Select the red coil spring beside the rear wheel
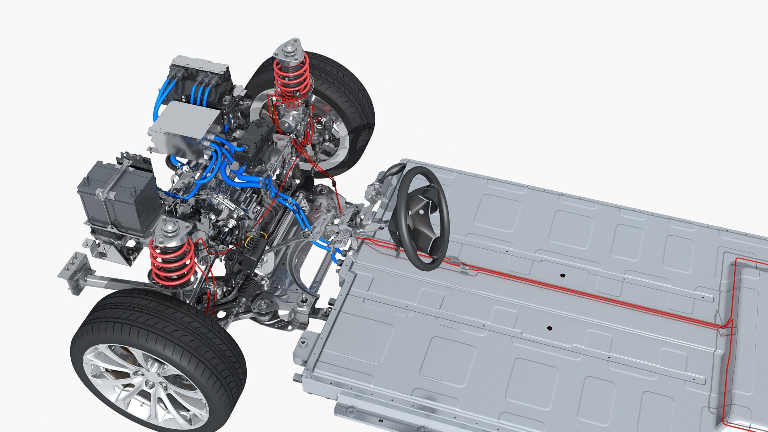click(291, 76)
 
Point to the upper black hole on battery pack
click(562, 276)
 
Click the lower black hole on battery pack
click(549, 328)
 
